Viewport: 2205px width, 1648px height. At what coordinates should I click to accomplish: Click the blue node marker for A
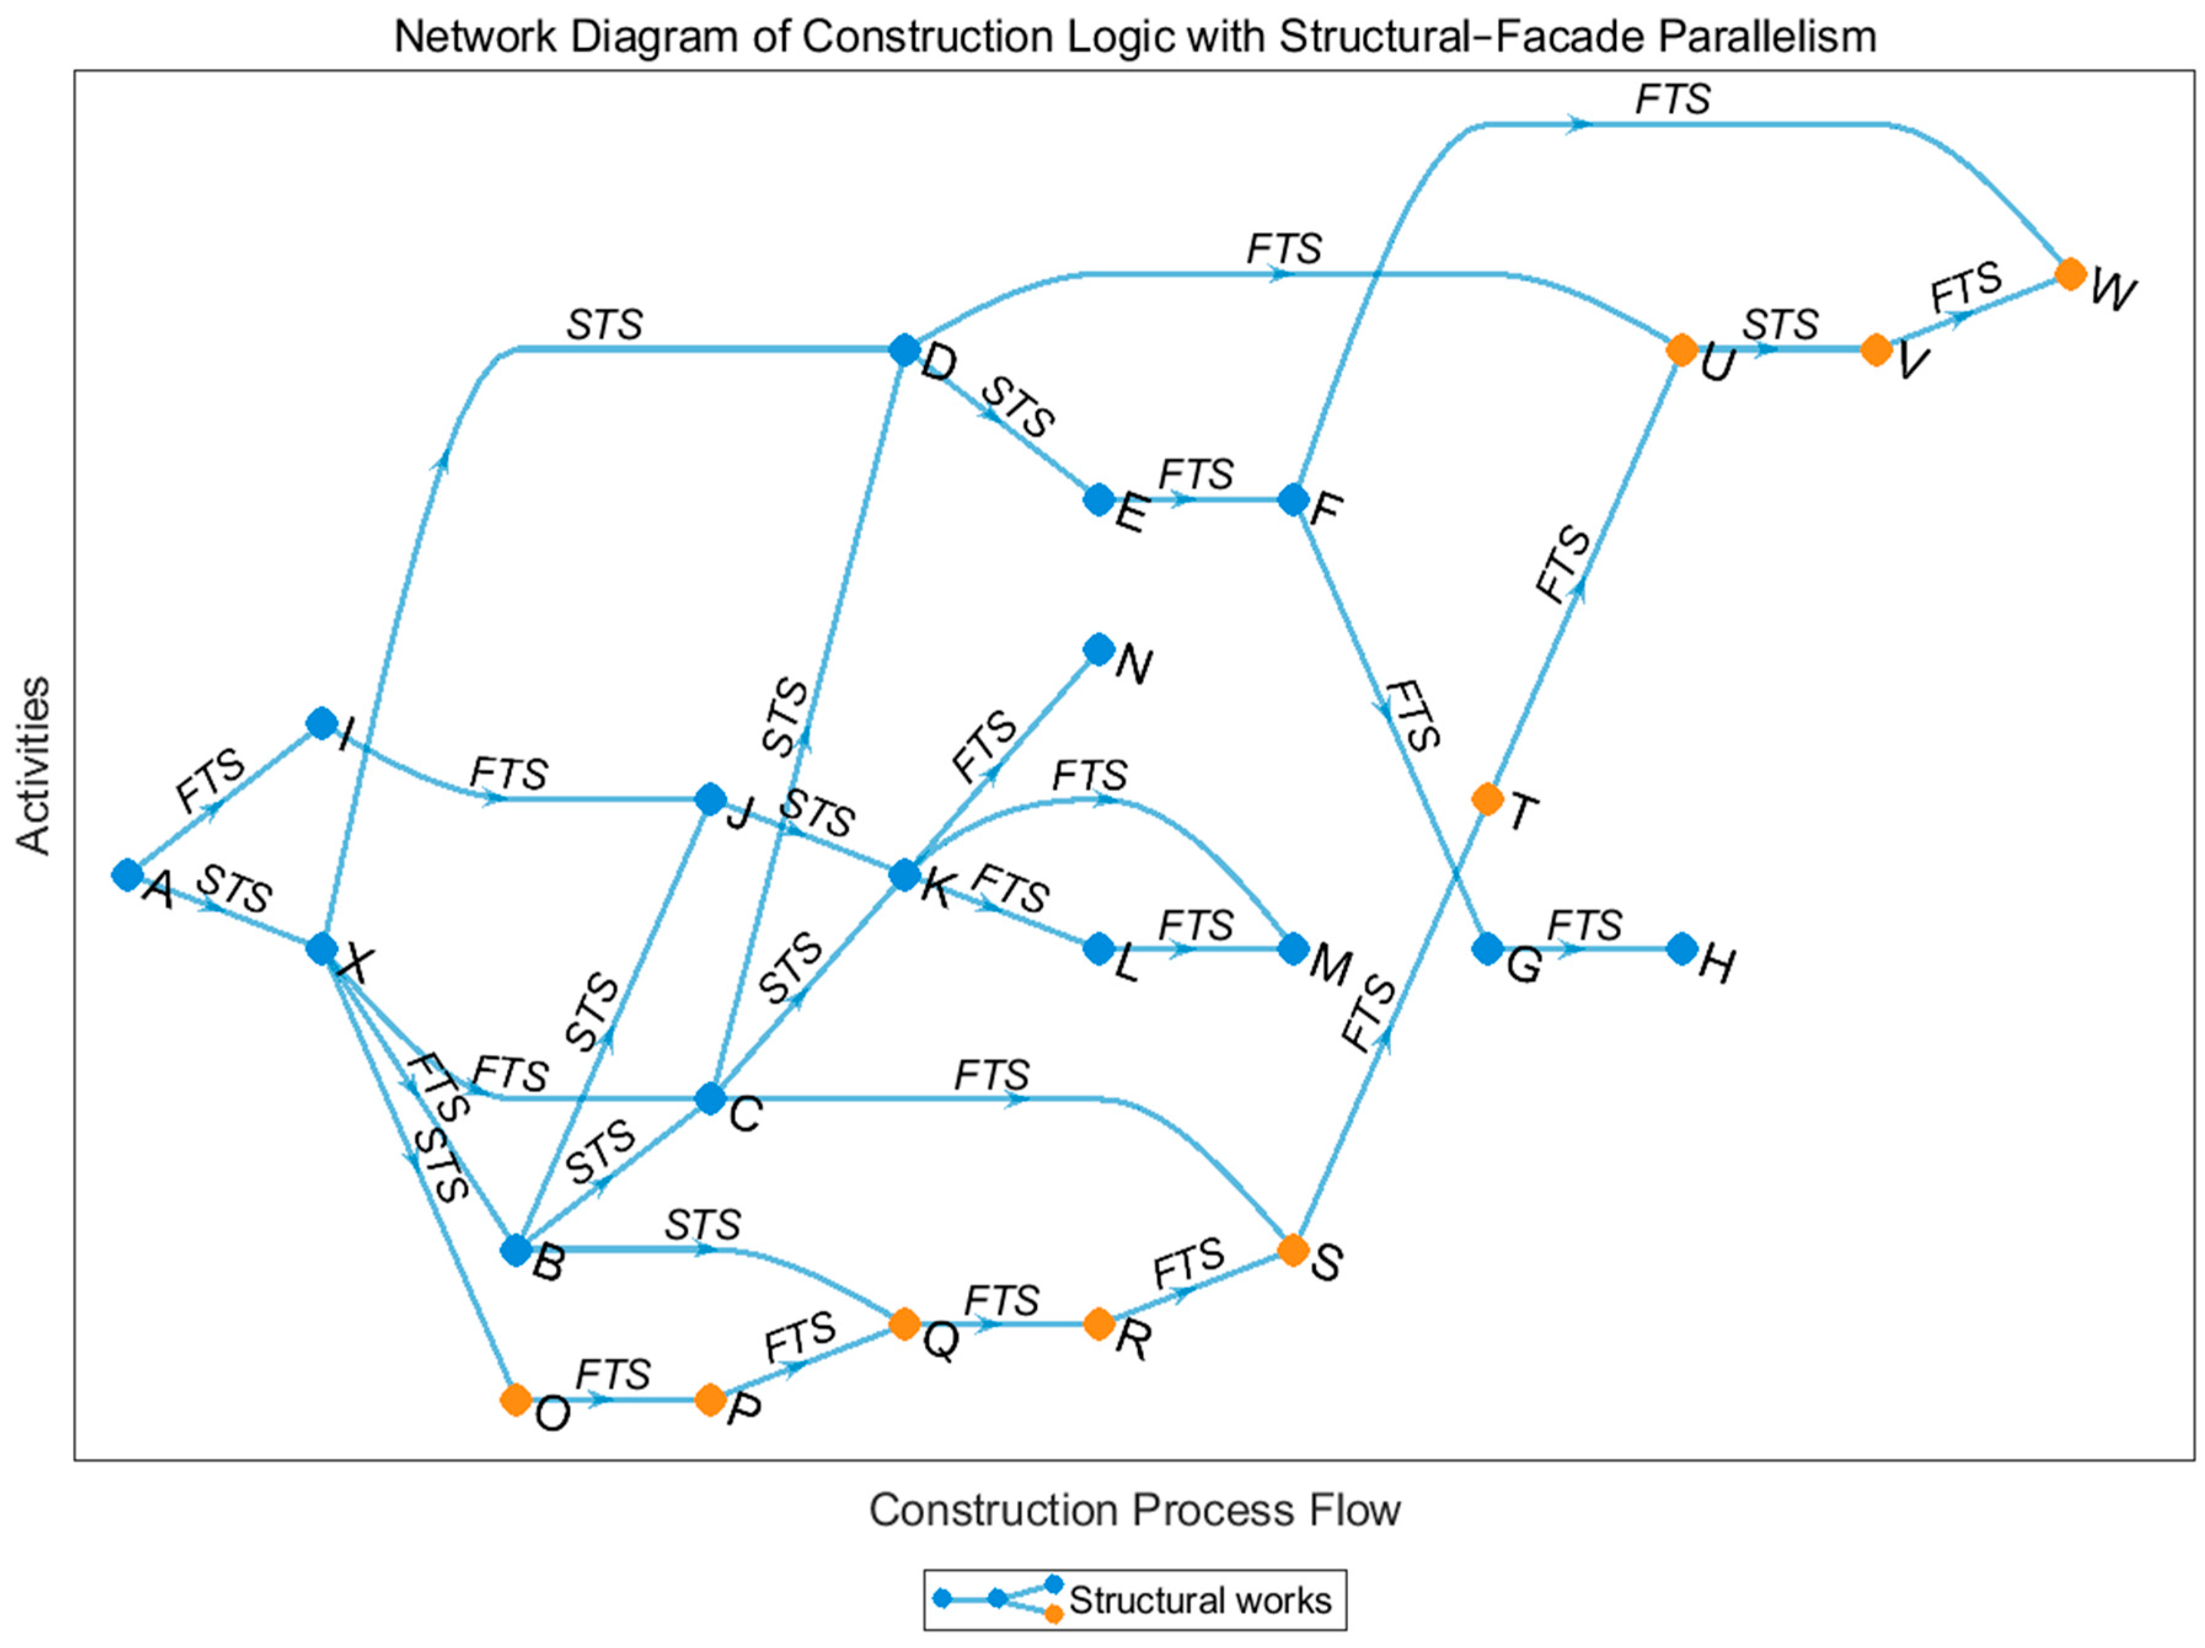(x=127, y=874)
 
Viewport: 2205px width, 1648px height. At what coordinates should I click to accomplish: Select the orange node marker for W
(x=2070, y=273)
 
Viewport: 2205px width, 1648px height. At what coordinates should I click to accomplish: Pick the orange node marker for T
(x=1487, y=798)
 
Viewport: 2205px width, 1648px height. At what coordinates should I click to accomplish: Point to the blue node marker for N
(x=1099, y=650)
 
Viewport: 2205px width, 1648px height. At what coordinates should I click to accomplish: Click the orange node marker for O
(x=515, y=1399)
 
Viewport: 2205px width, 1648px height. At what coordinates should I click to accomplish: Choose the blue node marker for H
(x=1682, y=948)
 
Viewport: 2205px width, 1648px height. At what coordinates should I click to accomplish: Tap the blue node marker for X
(x=321, y=948)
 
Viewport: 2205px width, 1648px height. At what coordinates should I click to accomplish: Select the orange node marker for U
(x=1682, y=350)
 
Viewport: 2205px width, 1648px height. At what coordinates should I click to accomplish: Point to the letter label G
(x=1524, y=965)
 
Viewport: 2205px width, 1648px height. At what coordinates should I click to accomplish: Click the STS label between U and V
(x=1780, y=325)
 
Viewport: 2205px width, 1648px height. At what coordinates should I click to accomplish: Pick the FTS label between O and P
(x=613, y=1375)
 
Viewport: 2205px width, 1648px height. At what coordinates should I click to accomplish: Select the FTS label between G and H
(x=1585, y=925)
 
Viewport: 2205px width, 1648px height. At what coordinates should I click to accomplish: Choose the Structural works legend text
(x=1200, y=1600)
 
